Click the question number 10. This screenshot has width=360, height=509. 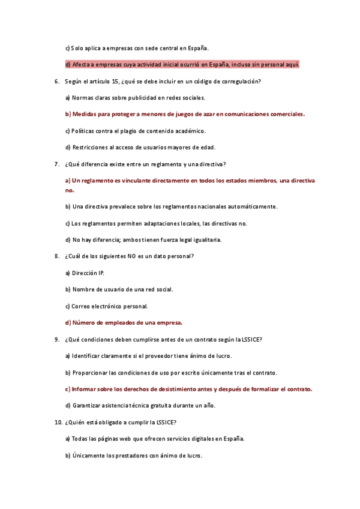click(x=58, y=422)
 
